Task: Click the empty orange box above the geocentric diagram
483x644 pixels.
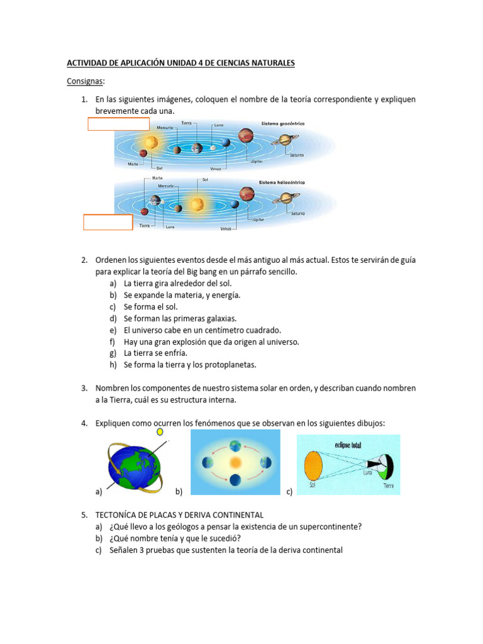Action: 118,123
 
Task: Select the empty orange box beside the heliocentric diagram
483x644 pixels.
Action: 108,222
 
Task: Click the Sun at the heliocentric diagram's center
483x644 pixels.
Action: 197,204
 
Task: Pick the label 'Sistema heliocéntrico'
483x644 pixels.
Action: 281,182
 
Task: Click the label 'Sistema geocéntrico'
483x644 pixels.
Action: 282,124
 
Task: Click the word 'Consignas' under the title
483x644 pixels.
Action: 86,82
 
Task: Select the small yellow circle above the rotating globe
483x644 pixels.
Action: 160,432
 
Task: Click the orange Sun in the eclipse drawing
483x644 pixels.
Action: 314,467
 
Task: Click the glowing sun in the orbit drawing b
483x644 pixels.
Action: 235,462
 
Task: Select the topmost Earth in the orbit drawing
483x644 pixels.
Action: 235,444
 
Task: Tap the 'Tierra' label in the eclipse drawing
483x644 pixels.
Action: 389,487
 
